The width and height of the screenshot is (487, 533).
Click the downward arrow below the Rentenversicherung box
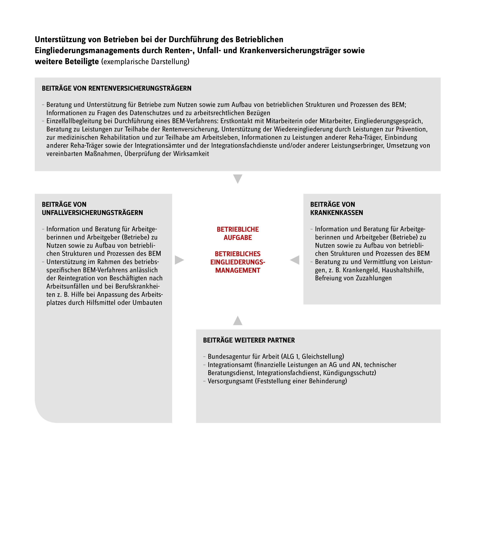238,179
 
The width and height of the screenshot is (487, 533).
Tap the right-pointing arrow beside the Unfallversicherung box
179,260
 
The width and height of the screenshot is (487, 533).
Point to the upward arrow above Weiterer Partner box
238,321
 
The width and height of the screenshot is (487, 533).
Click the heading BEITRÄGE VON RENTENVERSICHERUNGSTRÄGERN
116,88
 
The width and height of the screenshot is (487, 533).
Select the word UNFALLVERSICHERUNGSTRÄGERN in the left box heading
92,213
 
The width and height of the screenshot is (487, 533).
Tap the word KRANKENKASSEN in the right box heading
336,213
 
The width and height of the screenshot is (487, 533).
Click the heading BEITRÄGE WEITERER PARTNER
249,340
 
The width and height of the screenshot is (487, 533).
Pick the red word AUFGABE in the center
238,238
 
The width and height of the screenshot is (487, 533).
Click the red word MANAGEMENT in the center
238,271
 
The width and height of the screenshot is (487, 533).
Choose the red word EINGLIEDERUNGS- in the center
238,262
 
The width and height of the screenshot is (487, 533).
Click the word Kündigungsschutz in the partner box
349,373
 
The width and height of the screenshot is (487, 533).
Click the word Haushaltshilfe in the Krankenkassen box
403,270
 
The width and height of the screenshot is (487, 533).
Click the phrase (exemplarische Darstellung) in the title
145,62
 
